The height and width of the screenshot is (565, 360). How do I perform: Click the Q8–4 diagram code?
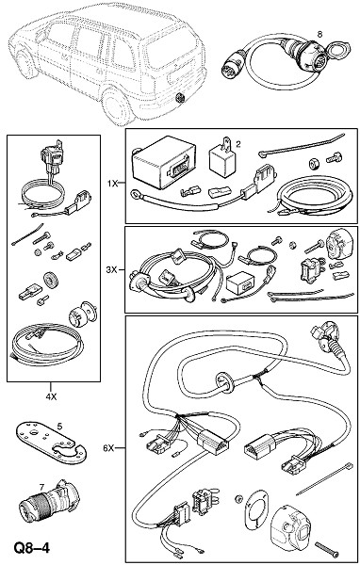click(x=31, y=548)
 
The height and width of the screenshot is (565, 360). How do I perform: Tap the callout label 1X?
click(x=112, y=184)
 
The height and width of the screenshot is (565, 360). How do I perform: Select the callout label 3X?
click(x=112, y=269)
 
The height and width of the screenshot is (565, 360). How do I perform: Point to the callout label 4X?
click(x=51, y=396)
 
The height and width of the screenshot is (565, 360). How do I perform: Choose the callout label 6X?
click(x=108, y=448)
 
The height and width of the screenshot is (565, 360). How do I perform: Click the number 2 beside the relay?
click(x=238, y=144)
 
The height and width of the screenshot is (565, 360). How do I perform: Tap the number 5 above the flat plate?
click(x=60, y=427)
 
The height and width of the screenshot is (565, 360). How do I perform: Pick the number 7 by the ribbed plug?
click(x=41, y=487)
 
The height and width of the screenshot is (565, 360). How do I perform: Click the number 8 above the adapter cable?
click(x=319, y=34)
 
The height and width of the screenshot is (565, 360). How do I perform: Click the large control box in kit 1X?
click(x=163, y=162)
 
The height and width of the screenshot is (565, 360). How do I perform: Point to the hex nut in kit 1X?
click(x=313, y=164)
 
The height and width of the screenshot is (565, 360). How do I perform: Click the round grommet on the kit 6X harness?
click(x=224, y=383)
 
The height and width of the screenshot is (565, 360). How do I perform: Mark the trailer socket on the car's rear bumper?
click(x=179, y=98)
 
